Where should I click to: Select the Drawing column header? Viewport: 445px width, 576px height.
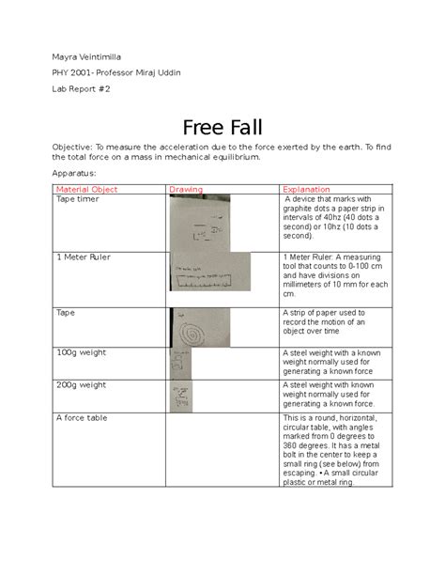(185, 190)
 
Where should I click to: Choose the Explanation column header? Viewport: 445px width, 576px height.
(306, 190)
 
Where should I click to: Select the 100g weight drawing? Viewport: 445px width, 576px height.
(179, 363)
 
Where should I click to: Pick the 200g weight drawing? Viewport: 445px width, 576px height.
(179, 396)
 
